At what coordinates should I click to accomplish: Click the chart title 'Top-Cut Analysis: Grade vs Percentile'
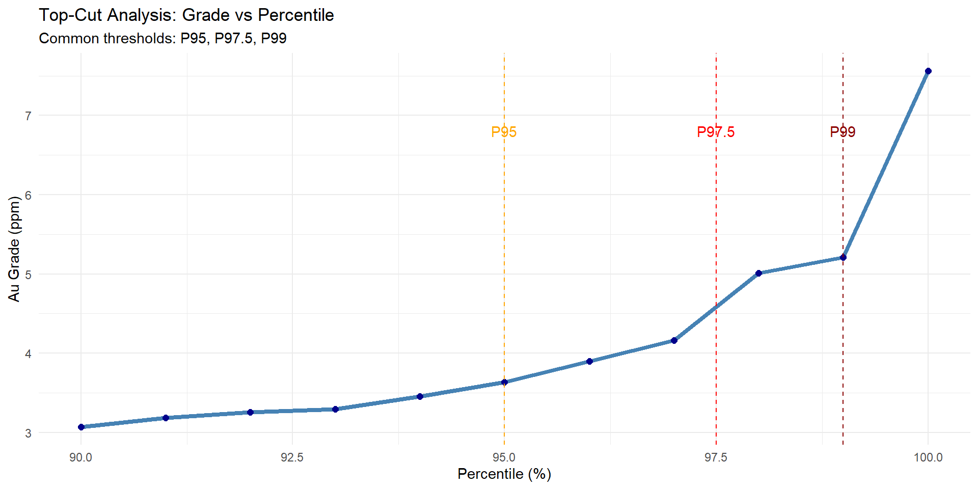[186, 15]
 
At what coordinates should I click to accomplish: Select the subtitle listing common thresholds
[162, 39]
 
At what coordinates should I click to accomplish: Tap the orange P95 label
[504, 132]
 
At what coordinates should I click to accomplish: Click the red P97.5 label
[716, 132]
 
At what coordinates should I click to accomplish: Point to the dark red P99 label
[843, 132]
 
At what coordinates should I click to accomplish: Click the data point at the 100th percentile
[928, 71]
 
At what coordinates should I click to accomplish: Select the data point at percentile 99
[843, 258]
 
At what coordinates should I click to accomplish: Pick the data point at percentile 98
[758, 274]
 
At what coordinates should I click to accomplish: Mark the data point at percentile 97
[674, 340]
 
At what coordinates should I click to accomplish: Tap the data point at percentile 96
[589, 361]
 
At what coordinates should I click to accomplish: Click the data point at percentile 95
[504, 382]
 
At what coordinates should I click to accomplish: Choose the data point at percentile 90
[81, 427]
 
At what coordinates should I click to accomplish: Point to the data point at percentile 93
[335, 409]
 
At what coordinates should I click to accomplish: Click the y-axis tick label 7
[28, 116]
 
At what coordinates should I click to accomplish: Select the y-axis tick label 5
[28, 275]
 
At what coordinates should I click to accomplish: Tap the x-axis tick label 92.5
[292, 457]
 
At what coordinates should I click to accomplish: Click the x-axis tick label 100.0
[928, 457]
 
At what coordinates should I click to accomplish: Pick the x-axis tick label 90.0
[81, 457]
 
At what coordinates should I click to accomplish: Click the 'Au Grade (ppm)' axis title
[14, 249]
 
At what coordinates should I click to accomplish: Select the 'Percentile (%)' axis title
[504, 474]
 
